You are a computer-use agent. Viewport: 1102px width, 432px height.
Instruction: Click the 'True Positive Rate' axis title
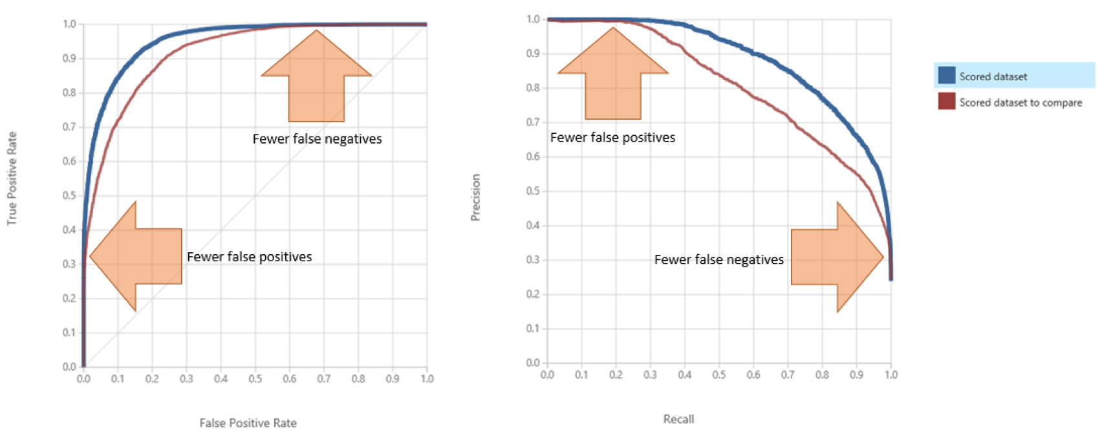[12, 178]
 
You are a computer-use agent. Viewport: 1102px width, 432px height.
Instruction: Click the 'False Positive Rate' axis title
[248, 423]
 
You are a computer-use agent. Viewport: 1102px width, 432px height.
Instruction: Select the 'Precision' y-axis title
[475, 197]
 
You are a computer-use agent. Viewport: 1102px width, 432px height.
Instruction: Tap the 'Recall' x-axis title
[678, 419]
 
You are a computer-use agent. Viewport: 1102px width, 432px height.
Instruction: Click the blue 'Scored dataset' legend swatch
[947, 76]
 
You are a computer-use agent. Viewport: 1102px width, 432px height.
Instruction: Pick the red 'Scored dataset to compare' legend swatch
[947, 102]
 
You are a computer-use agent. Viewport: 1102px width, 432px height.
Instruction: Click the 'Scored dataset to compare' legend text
[1021, 102]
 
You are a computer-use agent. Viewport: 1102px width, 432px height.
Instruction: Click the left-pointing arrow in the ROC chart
[136, 256]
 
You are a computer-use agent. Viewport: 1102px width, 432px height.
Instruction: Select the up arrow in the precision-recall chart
[612, 74]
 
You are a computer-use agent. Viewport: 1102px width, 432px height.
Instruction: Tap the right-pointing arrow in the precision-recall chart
[837, 257]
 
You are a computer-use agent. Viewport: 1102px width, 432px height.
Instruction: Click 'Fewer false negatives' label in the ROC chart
[317, 139]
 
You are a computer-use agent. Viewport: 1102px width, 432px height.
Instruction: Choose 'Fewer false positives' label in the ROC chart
[249, 257]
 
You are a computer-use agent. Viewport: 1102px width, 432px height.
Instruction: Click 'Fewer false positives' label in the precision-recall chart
[612, 138]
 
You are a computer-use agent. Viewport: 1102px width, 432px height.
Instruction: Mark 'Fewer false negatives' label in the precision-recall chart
[718, 259]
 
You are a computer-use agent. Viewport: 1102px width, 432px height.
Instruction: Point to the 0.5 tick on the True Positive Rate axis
[69, 195]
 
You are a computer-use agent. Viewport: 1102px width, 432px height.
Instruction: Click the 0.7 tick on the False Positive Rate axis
[323, 378]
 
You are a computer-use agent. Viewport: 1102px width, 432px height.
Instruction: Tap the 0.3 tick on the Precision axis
[533, 259]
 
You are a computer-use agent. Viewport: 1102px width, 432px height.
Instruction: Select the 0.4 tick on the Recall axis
[684, 374]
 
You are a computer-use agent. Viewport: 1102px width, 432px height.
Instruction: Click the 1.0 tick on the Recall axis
[891, 374]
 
